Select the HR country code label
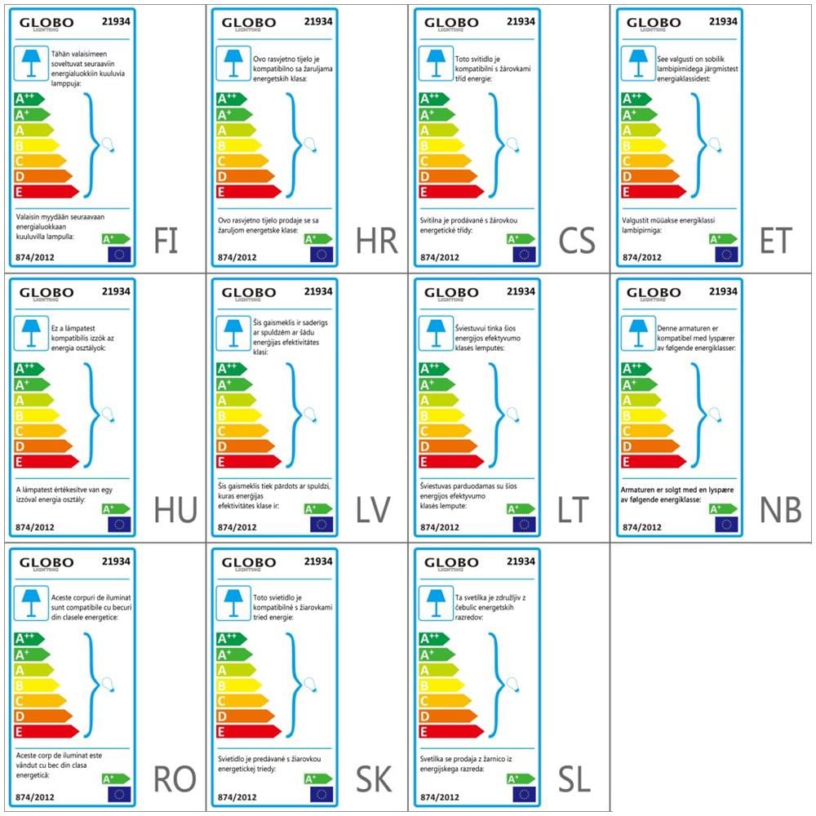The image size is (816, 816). tap(377, 241)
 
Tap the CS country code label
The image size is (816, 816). tap(580, 241)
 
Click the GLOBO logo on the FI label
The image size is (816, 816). tap(47, 24)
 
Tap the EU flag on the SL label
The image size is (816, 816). tap(524, 794)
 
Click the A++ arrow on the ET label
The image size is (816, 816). tap(638, 99)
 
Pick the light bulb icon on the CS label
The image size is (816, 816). tap(512, 145)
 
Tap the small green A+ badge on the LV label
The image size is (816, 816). tap(317, 508)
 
